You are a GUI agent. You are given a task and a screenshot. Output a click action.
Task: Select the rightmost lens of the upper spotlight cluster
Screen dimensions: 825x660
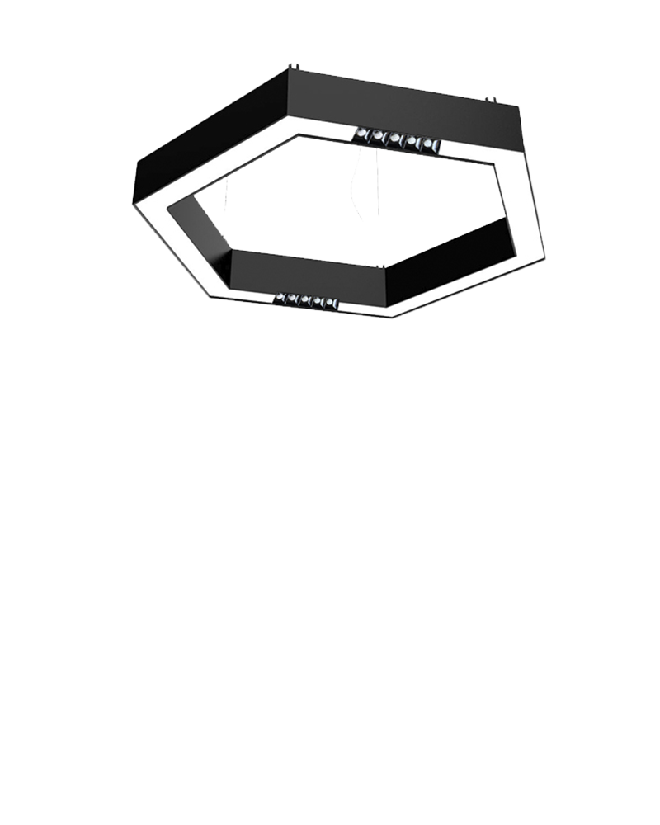[x=428, y=144]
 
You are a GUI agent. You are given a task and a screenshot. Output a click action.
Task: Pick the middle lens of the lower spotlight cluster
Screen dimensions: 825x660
[x=305, y=300]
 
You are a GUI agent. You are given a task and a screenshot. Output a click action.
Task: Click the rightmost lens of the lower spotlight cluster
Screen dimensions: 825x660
[x=329, y=304]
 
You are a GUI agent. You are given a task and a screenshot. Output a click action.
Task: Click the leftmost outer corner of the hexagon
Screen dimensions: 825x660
[x=134, y=206]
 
